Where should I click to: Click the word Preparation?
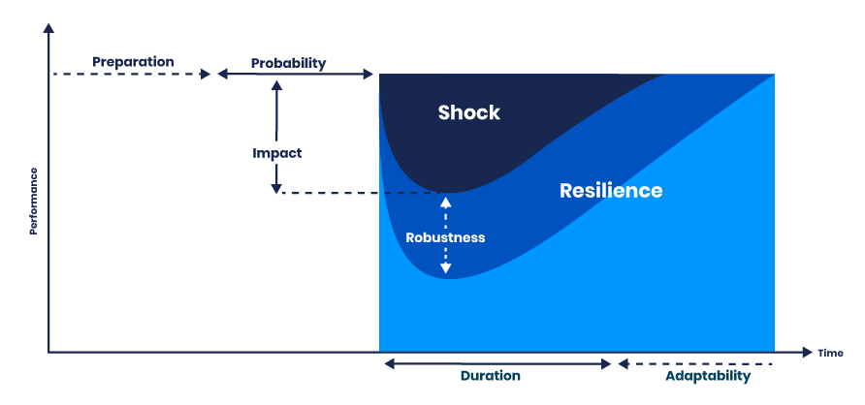click(133, 62)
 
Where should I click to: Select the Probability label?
click(288, 64)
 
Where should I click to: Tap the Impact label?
click(277, 153)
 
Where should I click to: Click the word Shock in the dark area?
click(468, 112)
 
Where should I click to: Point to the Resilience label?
click(611, 191)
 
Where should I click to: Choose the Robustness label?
click(445, 236)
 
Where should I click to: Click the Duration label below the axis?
click(490, 376)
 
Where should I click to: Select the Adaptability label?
click(708, 376)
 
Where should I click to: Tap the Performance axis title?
click(34, 202)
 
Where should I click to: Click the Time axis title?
click(830, 353)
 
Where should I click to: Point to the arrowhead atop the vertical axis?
click(48, 29)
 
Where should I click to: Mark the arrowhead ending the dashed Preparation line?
click(205, 75)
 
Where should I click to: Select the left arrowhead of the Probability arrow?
click(222, 75)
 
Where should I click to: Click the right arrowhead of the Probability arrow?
click(368, 75)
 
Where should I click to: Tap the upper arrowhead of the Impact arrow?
click(277, 85)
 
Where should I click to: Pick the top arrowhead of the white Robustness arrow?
click(445, 202)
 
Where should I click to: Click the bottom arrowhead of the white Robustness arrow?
click(445, 270)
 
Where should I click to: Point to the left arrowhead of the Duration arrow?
click(389, 364)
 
